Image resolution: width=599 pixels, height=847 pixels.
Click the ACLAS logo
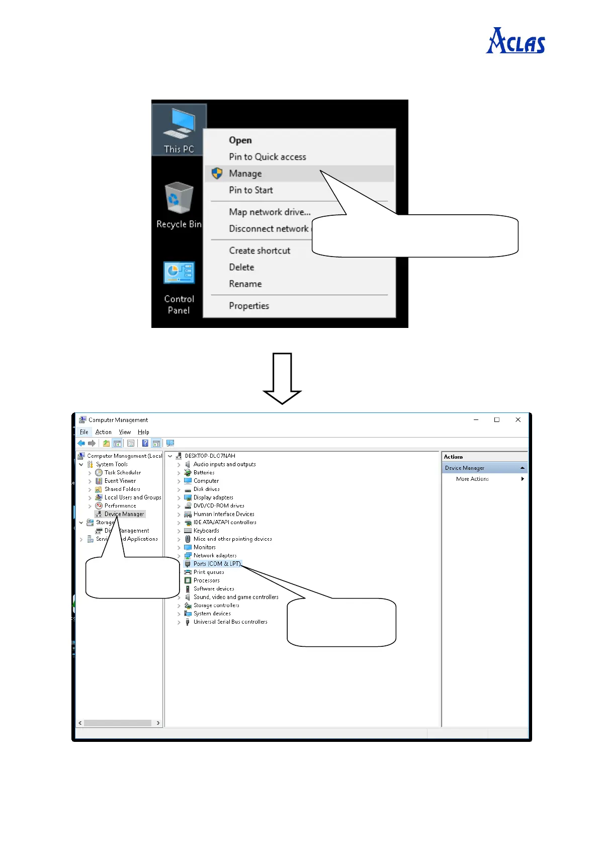click(x=516, y=41)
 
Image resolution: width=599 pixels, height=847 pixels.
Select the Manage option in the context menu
click(x=245, y=174)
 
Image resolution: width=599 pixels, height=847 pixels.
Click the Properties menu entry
click(x=249, y=306)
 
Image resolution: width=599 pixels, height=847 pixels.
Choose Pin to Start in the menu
click(x=251, y=190)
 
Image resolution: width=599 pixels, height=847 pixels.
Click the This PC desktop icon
click(x=179, y=130)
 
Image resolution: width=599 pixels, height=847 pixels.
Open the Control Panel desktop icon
click(x=179, y=287)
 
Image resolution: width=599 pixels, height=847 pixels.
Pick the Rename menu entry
click(x=245, y=284)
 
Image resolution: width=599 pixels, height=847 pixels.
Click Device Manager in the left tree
click(x=124, y=514)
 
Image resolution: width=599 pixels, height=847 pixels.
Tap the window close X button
click(x=518, y=419)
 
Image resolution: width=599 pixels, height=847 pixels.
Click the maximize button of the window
click(x=497, y=419)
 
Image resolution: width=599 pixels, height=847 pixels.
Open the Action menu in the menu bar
click(x=104, y=432)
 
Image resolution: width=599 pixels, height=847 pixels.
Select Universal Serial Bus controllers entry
click(x=230, y=622)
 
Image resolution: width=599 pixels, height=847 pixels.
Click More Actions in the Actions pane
click(x=472, y=479)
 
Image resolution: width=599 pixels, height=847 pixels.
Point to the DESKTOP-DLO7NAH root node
click(x=210, y=456)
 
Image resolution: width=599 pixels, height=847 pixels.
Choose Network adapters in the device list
click(x=215, y=555)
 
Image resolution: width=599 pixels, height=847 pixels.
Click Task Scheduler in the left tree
click(x=123, y=472)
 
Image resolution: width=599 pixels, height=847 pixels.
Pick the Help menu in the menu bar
click(x=143, y=432)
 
